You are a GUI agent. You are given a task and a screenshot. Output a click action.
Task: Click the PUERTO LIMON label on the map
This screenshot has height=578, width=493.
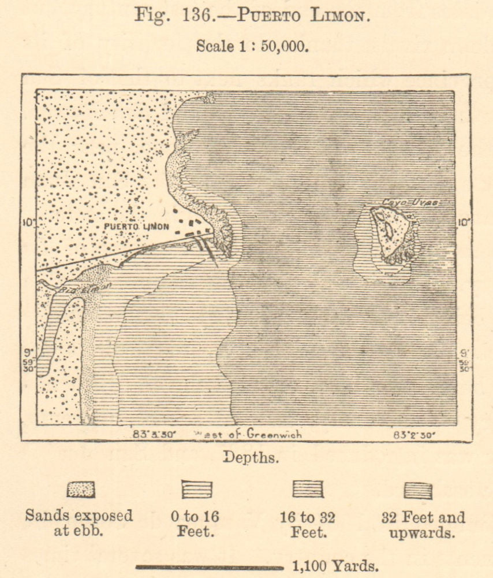coord(136,227)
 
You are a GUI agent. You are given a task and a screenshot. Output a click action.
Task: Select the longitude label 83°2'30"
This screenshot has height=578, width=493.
coord(414,433)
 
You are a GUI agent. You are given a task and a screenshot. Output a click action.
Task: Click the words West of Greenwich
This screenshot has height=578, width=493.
coord(248,433)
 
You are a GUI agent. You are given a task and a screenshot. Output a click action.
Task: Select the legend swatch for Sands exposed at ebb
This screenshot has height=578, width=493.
coord(81,490)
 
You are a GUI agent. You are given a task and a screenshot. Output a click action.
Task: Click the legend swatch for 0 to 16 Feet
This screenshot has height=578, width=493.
coord(197,490)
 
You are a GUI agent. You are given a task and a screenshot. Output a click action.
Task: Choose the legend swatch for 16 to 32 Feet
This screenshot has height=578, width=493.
coord(308,490)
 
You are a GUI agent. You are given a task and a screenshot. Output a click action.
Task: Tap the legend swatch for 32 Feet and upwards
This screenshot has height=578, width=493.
coord(418,490)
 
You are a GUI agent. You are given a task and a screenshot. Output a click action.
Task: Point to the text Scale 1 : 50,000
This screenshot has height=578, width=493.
coord(252,46)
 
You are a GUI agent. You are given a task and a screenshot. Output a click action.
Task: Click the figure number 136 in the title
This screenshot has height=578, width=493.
coord(184,15)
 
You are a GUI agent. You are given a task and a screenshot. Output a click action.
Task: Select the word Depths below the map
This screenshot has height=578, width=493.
coord(251,458)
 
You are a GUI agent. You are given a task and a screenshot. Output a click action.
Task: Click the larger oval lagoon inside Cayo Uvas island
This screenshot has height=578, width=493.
coord(389,229)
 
